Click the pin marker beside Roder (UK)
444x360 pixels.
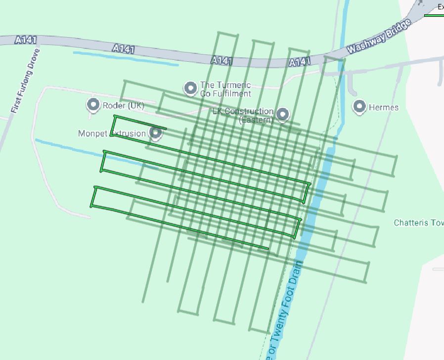click(93, 104)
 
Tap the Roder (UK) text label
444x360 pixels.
click(123, 105)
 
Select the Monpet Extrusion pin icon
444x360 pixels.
click(156, 133)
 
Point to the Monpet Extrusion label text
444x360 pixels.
click(112, 134)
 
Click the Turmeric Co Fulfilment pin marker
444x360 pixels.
click(190, 88)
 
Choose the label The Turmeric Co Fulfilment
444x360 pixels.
click(225, 89)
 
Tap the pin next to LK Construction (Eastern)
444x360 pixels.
click(282, 114)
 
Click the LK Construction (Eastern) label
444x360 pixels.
click(243, 115)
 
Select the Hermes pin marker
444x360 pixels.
click(359, 106)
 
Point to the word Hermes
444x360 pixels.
click(383, 107)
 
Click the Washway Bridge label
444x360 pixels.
click(379, 37)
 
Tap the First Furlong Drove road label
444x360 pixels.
click(25, 80)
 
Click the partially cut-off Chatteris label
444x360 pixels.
click(418, 223)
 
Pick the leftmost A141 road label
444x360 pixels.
click(26, 40)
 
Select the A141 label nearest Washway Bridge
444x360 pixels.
click(300, 62)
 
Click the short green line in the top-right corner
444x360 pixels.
click(434, 15)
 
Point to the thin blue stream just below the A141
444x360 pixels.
click(126, 58)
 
